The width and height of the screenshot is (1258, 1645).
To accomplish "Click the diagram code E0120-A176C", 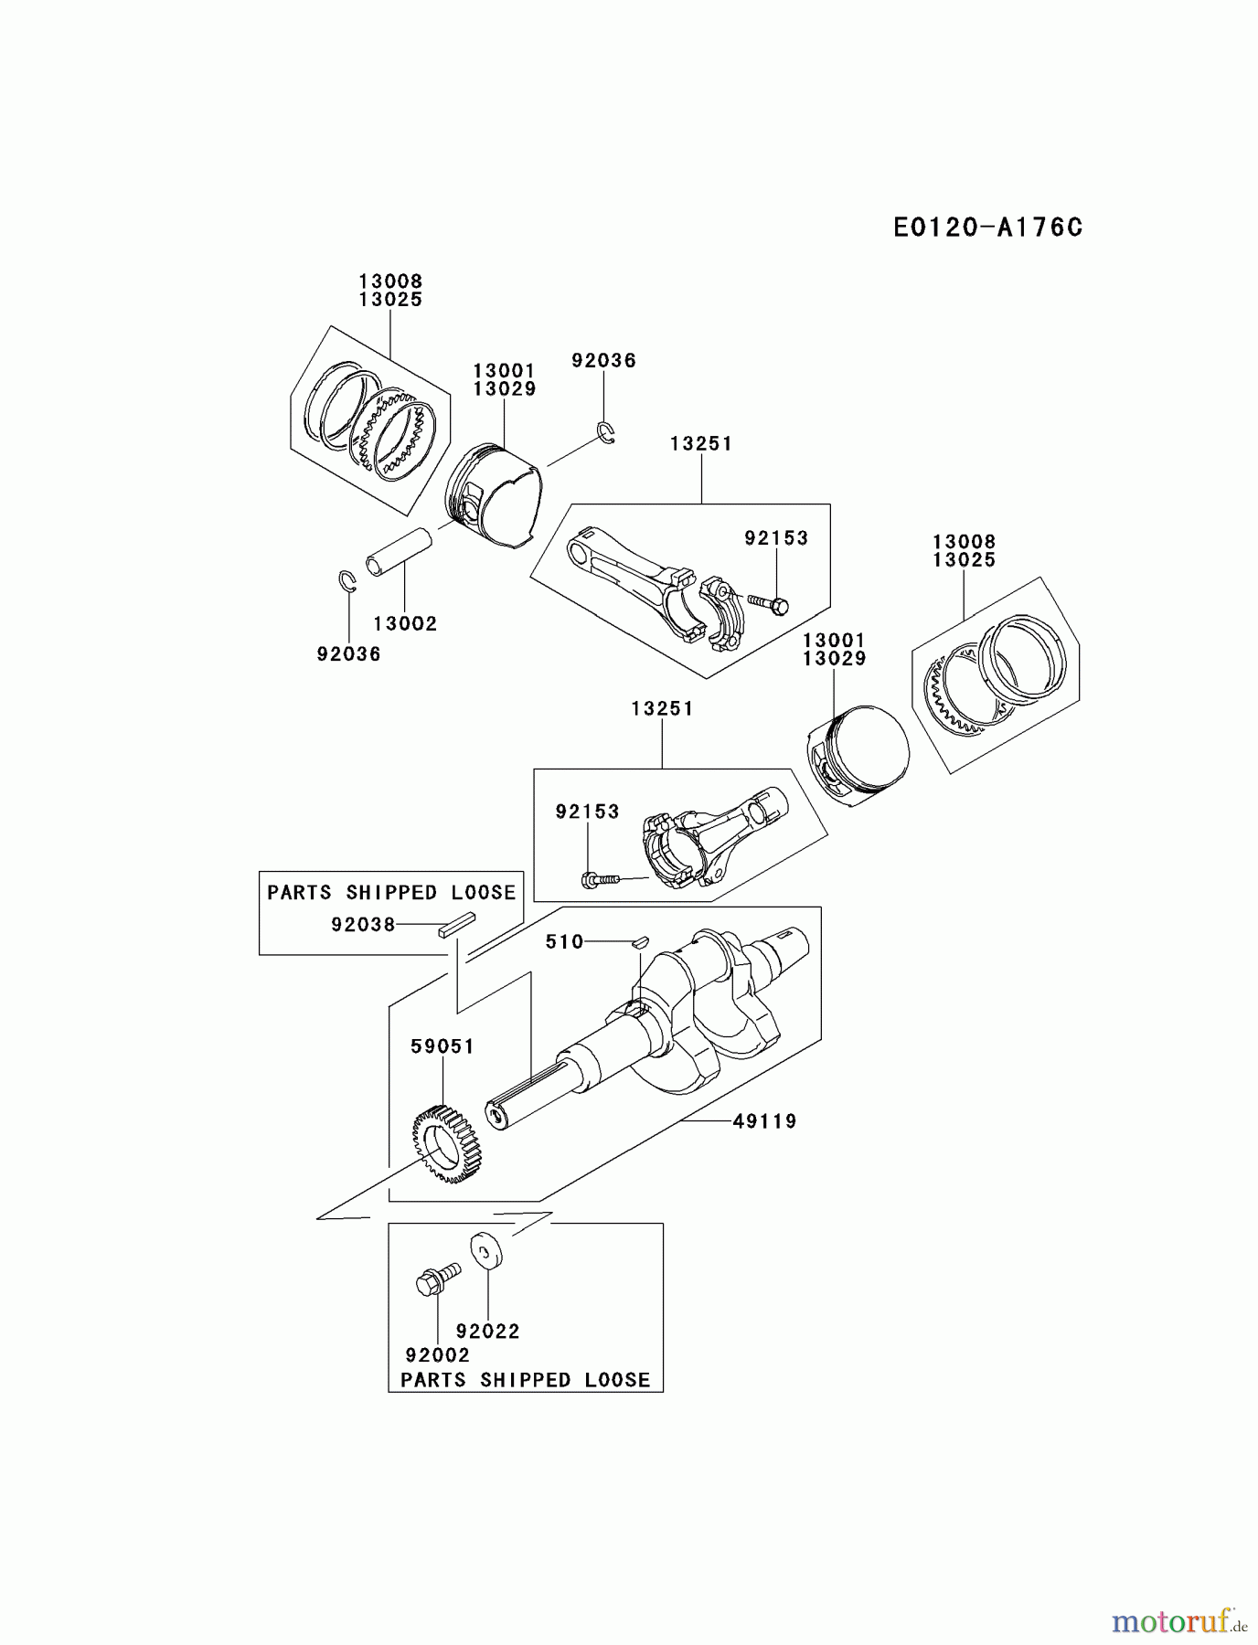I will [987, 228].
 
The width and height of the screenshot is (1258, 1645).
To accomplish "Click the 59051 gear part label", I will [442, 1046].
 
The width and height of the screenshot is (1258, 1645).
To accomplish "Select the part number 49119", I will [764, 1120].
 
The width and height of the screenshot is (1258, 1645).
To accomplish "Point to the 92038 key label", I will [363, 925].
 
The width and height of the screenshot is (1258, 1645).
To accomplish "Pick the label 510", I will [564, 941].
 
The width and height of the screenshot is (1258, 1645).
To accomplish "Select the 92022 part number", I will [487, 1332].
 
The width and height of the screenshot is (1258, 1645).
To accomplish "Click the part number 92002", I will [437, 1355].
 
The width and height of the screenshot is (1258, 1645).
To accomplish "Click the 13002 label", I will [405, 624].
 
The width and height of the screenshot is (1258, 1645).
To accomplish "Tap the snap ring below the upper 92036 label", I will [606, 432].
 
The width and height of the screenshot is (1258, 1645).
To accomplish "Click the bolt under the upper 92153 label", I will [769, 603].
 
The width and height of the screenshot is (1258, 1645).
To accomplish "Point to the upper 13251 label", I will [701, 443].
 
